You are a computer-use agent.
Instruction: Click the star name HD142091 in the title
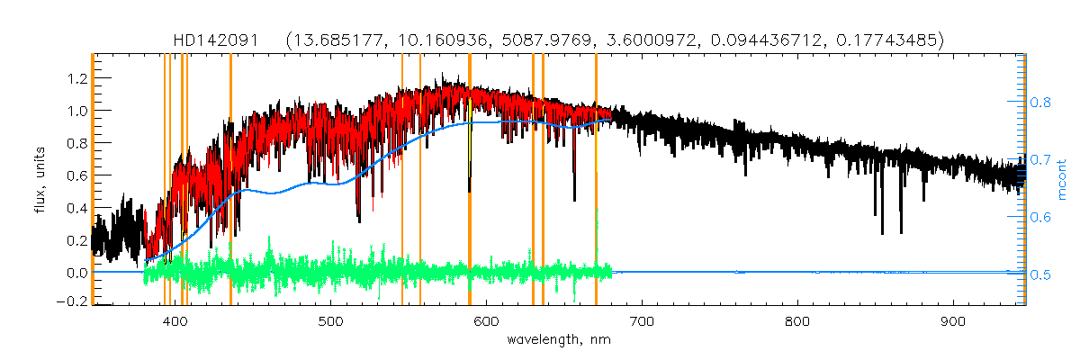[216, 40]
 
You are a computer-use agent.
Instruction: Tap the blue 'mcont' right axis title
[1062, 178]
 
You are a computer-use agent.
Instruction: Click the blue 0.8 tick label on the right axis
[1040, 103]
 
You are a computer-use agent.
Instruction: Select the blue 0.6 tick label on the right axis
[1040, 217]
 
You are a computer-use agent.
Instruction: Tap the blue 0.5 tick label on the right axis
[1040, 274]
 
